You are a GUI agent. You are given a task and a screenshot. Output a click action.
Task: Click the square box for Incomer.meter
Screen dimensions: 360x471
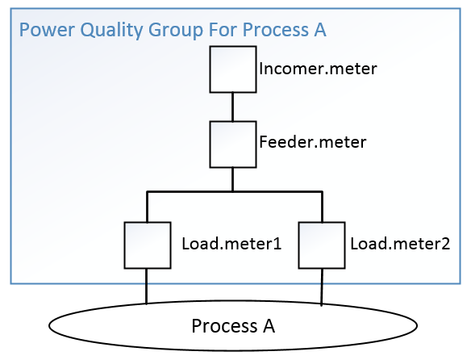(x=232, y=69)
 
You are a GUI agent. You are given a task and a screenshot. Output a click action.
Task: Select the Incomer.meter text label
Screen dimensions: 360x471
(x=318, y=69)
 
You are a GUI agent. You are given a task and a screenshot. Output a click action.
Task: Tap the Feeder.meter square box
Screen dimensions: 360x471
(x=232, y=144)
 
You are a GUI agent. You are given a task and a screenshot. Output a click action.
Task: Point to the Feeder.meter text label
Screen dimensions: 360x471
(x=313, y=143)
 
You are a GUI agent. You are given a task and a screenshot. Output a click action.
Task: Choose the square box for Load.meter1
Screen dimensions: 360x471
(x=146, y=245)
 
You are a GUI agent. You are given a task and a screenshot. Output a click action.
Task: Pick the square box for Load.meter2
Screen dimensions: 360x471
(x=322, y=245)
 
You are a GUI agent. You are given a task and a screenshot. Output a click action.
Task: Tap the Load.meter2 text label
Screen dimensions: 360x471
(x=400, y=243)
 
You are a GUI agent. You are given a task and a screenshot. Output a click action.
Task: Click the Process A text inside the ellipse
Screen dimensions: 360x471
(x=233, y=327)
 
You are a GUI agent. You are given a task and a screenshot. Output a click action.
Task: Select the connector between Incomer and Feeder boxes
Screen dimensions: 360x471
(x=232, y=107)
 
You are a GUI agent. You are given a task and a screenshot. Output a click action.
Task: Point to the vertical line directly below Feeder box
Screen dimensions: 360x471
(x=232, y=178)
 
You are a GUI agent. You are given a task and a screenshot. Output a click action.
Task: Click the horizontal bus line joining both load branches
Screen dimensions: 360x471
(x=234, y=192)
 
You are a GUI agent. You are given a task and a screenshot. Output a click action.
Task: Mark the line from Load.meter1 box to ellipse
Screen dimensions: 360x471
(x=146, y=286)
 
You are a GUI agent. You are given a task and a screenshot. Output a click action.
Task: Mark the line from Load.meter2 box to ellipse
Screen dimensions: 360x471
(x=322, y=287)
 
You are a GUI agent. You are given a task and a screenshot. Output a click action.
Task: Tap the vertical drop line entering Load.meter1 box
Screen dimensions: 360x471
(x=146, y=207)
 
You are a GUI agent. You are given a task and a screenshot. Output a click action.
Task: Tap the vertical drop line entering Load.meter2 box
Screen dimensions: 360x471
(x=322, y=207)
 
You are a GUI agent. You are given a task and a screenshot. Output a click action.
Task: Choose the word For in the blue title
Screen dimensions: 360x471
(x=212, y=31)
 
